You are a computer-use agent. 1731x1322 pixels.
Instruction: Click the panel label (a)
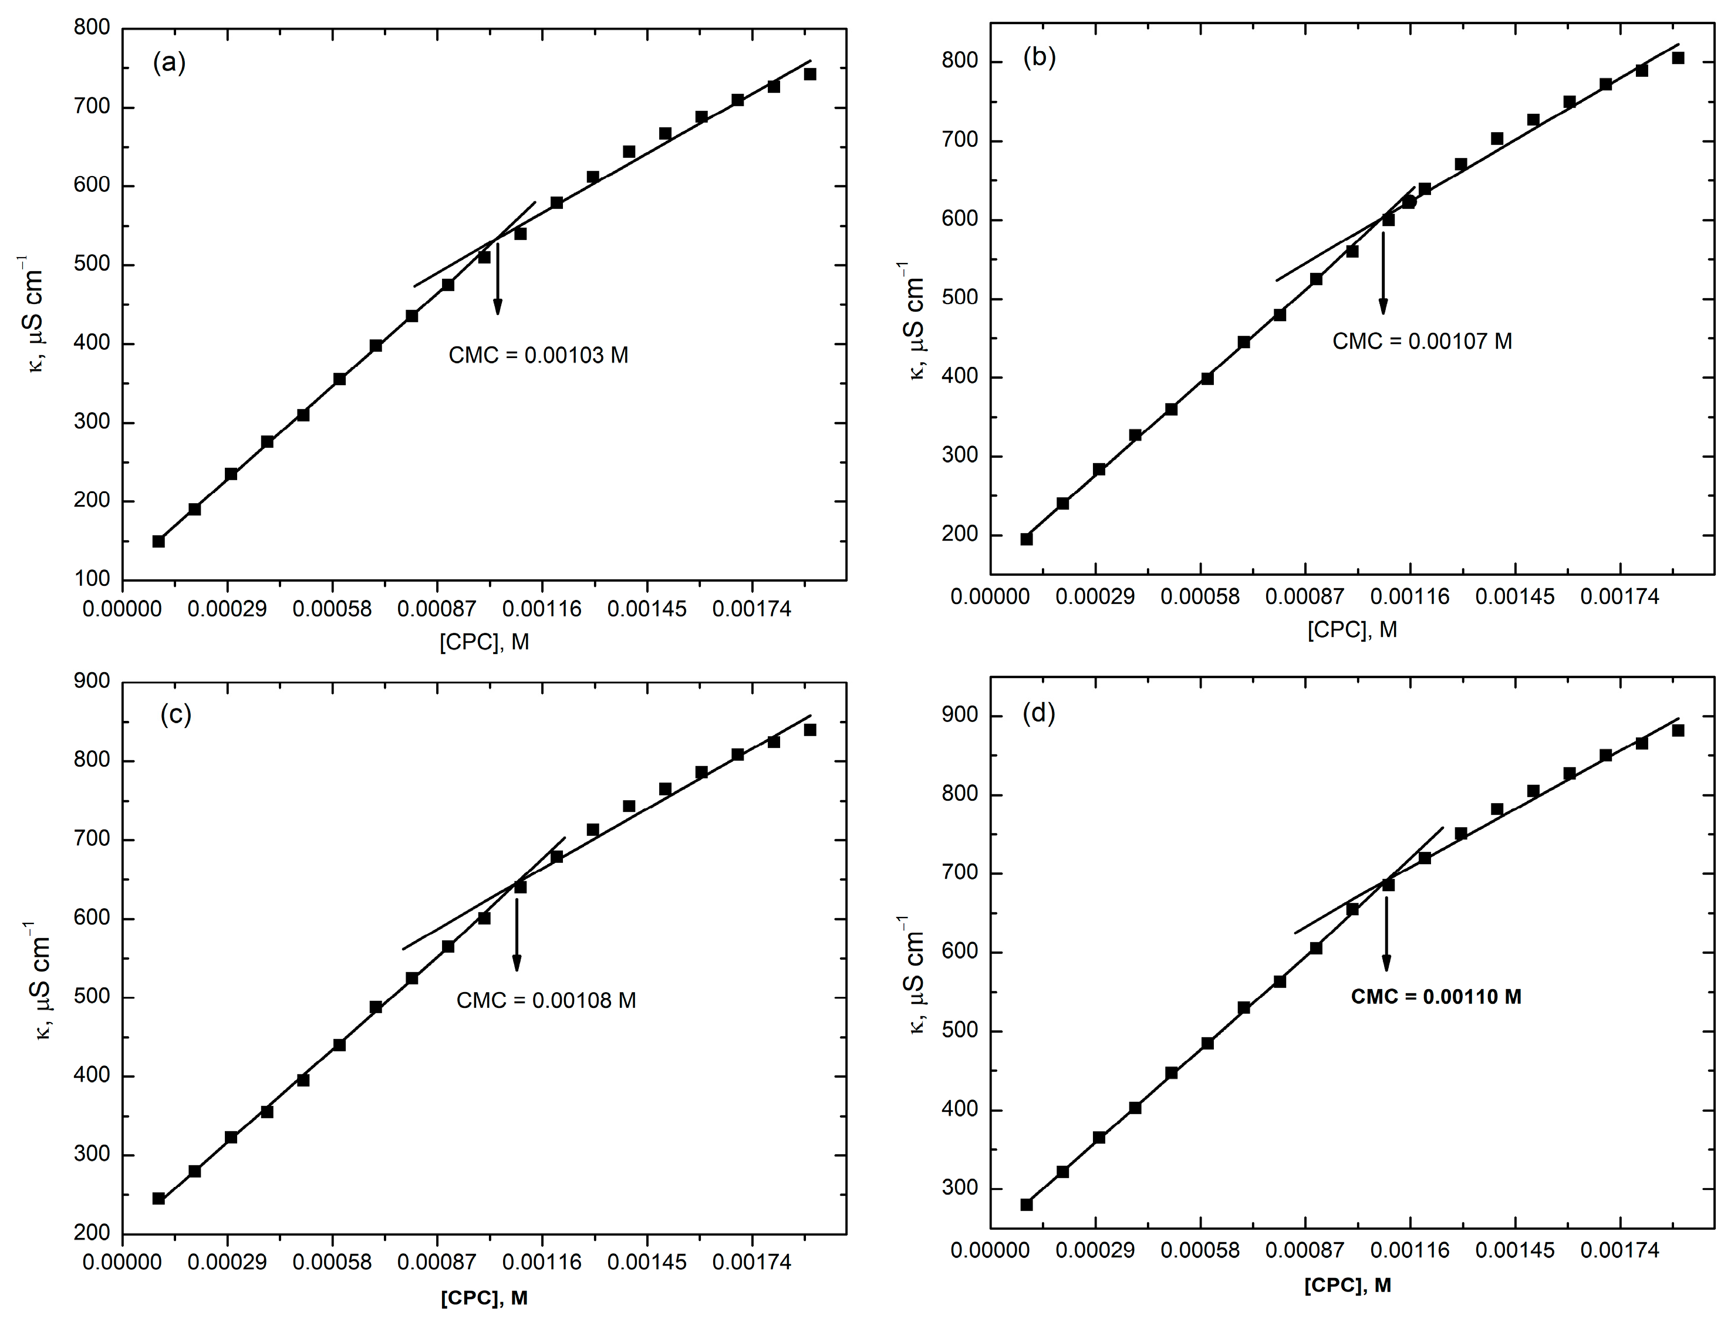coord(169,63)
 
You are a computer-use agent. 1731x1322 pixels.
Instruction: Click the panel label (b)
coord(1040,58)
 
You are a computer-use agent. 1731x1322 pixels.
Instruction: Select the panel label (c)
coord(176,714)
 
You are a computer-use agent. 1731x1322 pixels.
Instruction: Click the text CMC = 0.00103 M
coord(538,356)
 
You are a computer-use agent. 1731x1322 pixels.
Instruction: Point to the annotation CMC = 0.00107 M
coord(1422,342)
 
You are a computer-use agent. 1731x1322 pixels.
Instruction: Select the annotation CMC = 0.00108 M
coord(546,1000)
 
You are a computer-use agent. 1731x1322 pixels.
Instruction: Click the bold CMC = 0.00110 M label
coord(1436,997)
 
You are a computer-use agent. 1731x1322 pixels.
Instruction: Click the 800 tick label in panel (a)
coord(93,28)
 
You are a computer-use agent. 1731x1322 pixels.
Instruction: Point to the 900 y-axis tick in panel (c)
coord(93,682)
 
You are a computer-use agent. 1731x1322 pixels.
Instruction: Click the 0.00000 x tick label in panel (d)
coord(990,1250)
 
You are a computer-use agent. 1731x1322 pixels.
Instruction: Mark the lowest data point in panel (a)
coord(158,541)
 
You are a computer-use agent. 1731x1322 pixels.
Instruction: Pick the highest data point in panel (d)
coord(1678,730)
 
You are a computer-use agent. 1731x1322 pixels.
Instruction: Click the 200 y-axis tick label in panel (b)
coord(961,535)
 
